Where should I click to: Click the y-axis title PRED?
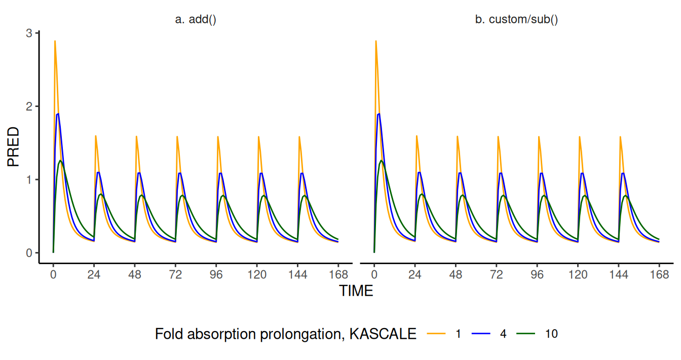[x=14, y=147]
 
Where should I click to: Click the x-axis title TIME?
[x=356, y=291]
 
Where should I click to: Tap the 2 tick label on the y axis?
[x=29, y=106]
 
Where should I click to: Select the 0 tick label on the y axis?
[x=29, y=253]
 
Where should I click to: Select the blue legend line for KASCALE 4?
[x=481, y=334]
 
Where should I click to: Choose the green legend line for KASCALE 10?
[x=525, y=334]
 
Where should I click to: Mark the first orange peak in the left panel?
[x=55, y=41]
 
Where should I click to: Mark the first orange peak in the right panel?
[x=375, y=41]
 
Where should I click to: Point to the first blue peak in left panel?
[x=58, y=114]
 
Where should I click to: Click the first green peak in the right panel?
[x=381, y=161]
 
